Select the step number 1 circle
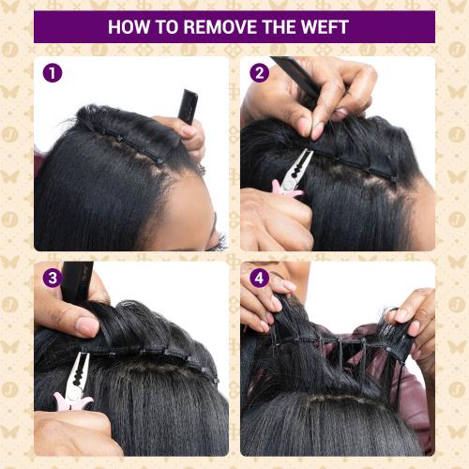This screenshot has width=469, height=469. click(x=53, y=73)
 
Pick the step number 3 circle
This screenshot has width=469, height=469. click(x=53, y=279)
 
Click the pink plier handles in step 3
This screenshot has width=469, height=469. click(x=74, y=401)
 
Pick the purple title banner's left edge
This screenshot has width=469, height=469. click(x=37, y=27)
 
